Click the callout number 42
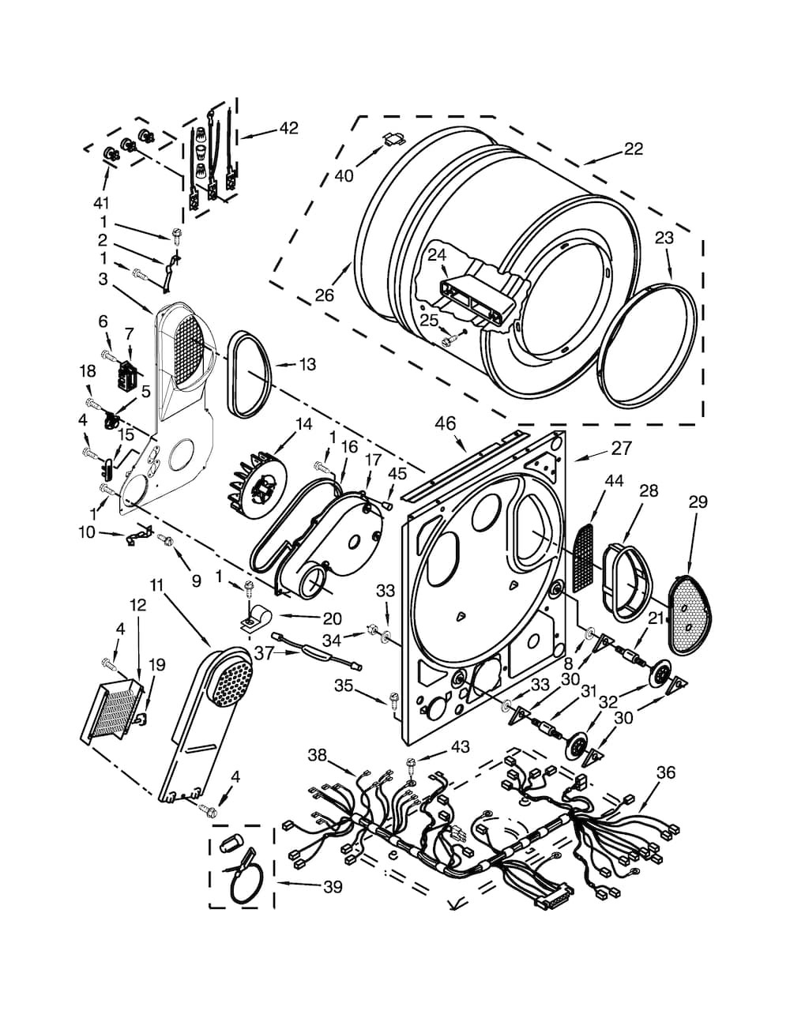(x=288, y=127)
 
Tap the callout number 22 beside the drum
(x=633, y=148)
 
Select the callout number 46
(x=445, y=423)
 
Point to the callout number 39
(x=333, y=888)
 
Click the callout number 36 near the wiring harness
(x=666, y=772)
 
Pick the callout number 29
(x=698, y=502)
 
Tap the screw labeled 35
(x=393, y=698)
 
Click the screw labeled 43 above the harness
(x=412, y=762)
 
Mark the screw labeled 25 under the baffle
(x=449, y=340)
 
